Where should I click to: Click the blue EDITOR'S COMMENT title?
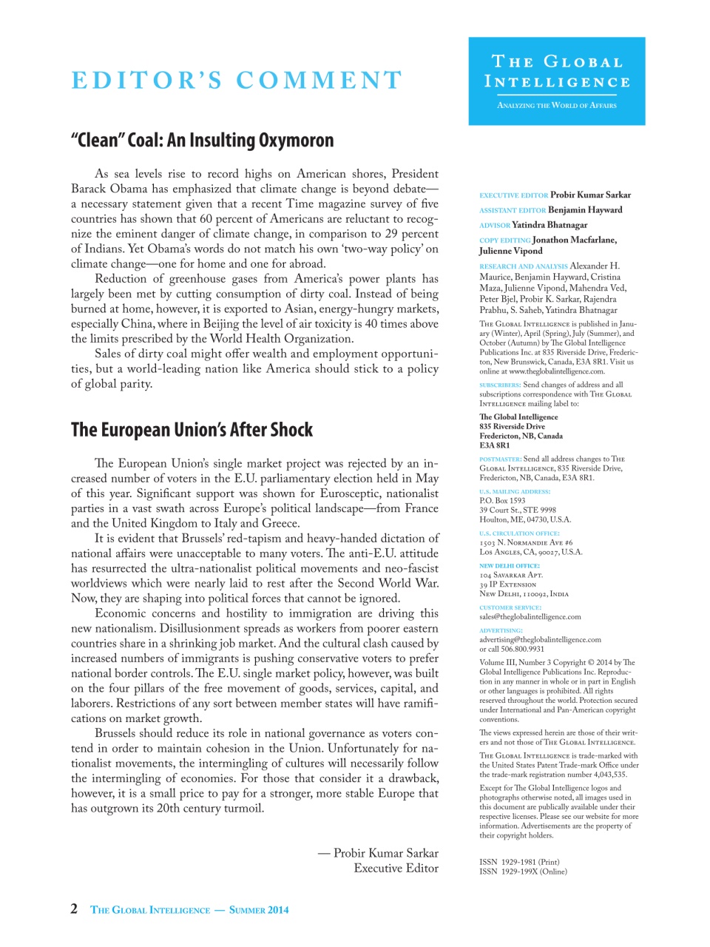click(x=237, y=80)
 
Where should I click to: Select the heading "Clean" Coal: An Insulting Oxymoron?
click(x=202, y=141)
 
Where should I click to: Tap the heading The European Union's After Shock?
click(x=192, y=430)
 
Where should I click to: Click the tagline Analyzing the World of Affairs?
click(x=556, y=105)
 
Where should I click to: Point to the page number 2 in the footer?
click(x=74, y=909)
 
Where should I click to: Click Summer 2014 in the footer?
click(x=259, y=910)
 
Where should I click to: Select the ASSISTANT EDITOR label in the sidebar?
click(x=513, y=210)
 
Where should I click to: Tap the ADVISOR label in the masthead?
click(x=495, y=225)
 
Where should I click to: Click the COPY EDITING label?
click(x=505, y=240)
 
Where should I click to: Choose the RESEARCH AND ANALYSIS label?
click(x=524, y=266)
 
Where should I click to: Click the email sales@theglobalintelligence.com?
click(x=530, y=616)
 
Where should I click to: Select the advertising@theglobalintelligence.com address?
click(x=540, y=639)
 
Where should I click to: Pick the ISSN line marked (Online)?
click(x=523, y=872)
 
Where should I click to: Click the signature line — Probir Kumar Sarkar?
click(x=378, y=853)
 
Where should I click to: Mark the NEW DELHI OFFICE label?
click(x=510, y=565)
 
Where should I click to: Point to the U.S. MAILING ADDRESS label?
click(x=515, y=491)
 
